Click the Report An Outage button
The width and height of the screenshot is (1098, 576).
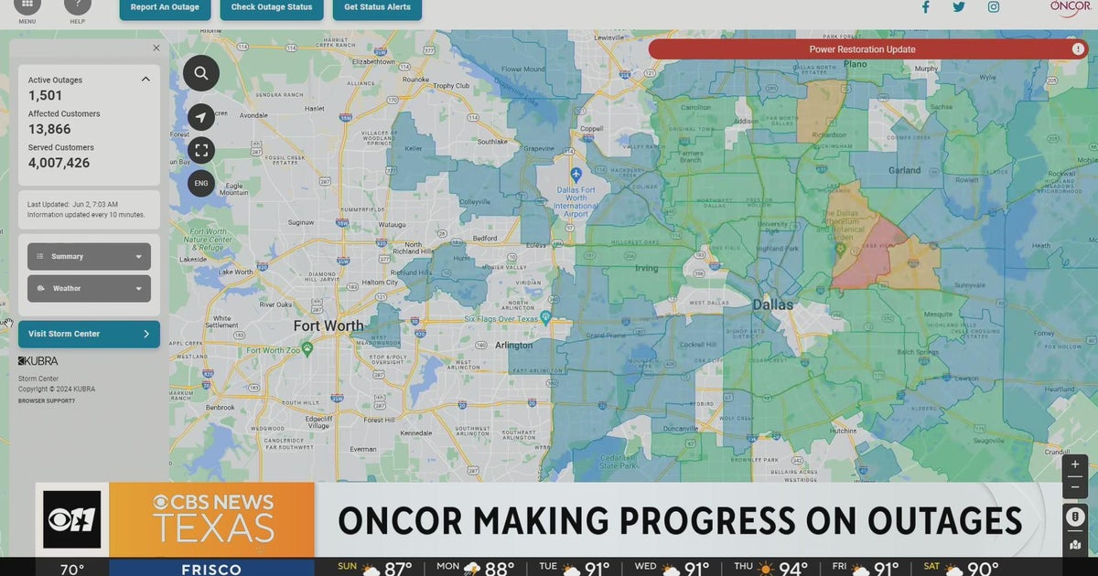pyautogui.click(x=166, y=7)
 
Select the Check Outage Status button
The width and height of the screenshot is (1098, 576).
pyautogui.click(x=272, y=7)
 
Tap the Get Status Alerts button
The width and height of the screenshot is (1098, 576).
pyautogui.click(x=378, y=7)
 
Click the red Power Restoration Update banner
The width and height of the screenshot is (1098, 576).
pyautogui.click(x=862, y=49)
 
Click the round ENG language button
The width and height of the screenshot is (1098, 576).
pyautogui.click(x=201, y=183)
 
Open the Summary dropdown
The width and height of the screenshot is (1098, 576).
pyautogui.click(x=89, y=257)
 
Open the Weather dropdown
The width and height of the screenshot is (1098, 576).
pyautogui.click(x=89, y=288)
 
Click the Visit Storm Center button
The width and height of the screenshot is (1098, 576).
pyautogui.click(x=89, y=334)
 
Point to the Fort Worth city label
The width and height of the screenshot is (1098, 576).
pyautogui.click(x=328, y=325)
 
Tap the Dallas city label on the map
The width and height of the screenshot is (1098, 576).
pyautogui.click(x=773, y=304)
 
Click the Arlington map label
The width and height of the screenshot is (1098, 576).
pyautogui.click(x=513, y=346)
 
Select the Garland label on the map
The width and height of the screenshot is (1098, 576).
pyautogui.click(x=904, y=170)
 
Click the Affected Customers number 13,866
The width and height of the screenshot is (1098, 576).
pyautogui.click(x=49, y=130)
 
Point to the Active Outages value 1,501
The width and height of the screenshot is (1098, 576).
pyautogui.click(x=45, y=95)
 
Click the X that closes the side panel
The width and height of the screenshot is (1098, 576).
pyautogui.click(x=156, y=48)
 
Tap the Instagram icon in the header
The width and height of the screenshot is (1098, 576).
pyautogui.click(x=993, y=7)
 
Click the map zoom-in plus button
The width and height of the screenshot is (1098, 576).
pyautogui.click(x=1075, y=464)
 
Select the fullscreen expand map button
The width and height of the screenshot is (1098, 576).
pyautogui.click(x=201, y=150)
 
